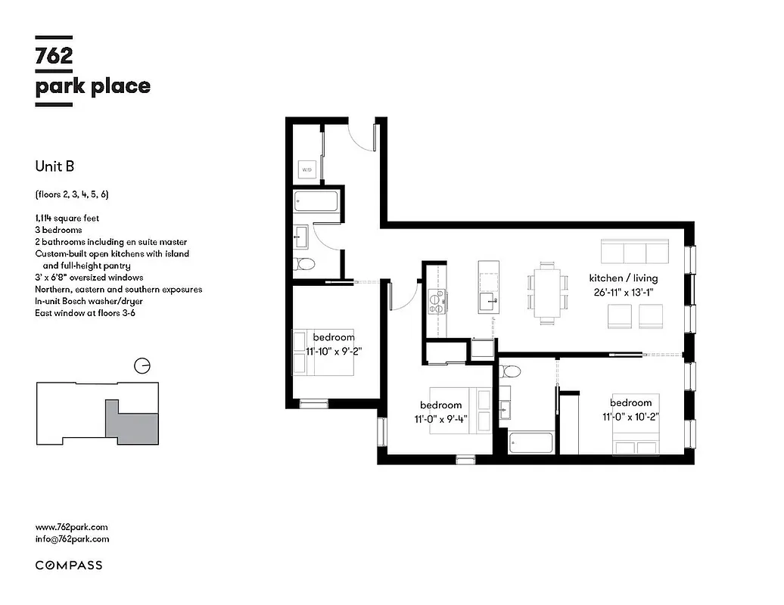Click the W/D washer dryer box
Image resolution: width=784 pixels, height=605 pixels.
point(306,170)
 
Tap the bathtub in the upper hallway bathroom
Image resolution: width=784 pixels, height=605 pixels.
point(316,203)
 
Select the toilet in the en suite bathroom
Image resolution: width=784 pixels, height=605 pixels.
point(510,371)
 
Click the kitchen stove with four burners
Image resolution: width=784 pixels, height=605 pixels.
point(436,302)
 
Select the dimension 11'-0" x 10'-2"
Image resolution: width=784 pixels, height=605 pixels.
point(631,417)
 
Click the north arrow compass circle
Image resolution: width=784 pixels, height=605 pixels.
point(141,367)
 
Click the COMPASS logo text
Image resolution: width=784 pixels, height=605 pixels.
point(69,565)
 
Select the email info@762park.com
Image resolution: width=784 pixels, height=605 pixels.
point(72,539)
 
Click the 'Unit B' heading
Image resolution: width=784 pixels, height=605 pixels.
point(54,166)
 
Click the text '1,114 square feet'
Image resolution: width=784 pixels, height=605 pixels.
point(67,218)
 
